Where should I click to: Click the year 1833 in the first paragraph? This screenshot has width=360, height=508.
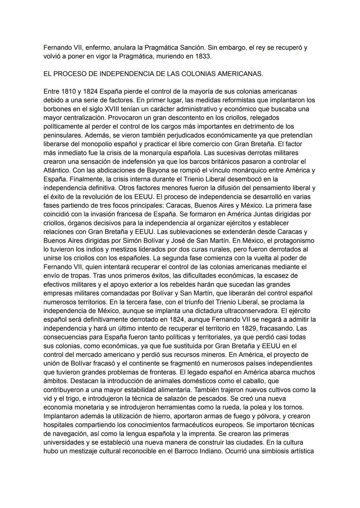(203, 56)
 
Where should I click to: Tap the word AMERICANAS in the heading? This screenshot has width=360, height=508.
(240, 74)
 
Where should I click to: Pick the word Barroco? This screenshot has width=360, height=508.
(181, 451)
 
